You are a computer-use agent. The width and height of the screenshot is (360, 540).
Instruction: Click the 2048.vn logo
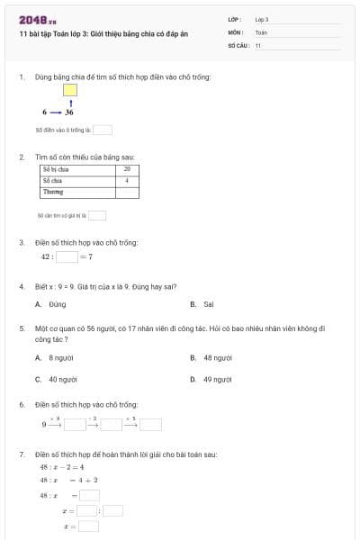click(x=38, y=20)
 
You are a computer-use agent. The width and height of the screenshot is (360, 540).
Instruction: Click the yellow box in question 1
click(x=70, y=90)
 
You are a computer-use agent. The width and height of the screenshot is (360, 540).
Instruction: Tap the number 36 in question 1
click(x=69, y=112)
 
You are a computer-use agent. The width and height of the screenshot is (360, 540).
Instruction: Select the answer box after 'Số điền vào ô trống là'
click(x=103, y=130)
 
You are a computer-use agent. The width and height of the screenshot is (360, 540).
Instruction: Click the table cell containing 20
click(x=127, y=169)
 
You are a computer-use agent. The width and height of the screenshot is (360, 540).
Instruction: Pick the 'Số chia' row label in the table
click(x=51, y=181)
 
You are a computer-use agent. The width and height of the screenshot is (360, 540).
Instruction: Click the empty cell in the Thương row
click(x=127, y=193)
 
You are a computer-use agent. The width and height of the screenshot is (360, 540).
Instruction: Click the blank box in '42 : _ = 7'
click(x=67, y=257)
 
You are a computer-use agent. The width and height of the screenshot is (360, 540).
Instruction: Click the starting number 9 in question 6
click(x=44, y=425)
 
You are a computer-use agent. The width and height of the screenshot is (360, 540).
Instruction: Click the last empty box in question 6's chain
click(x=150, y=425)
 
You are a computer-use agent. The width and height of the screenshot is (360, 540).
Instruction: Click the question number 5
click(x=21, y=329)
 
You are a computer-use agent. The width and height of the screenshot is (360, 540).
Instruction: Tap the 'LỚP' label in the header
click(x=234, y=19)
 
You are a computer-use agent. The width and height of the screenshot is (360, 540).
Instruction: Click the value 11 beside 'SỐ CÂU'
click(x=258, y=44)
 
